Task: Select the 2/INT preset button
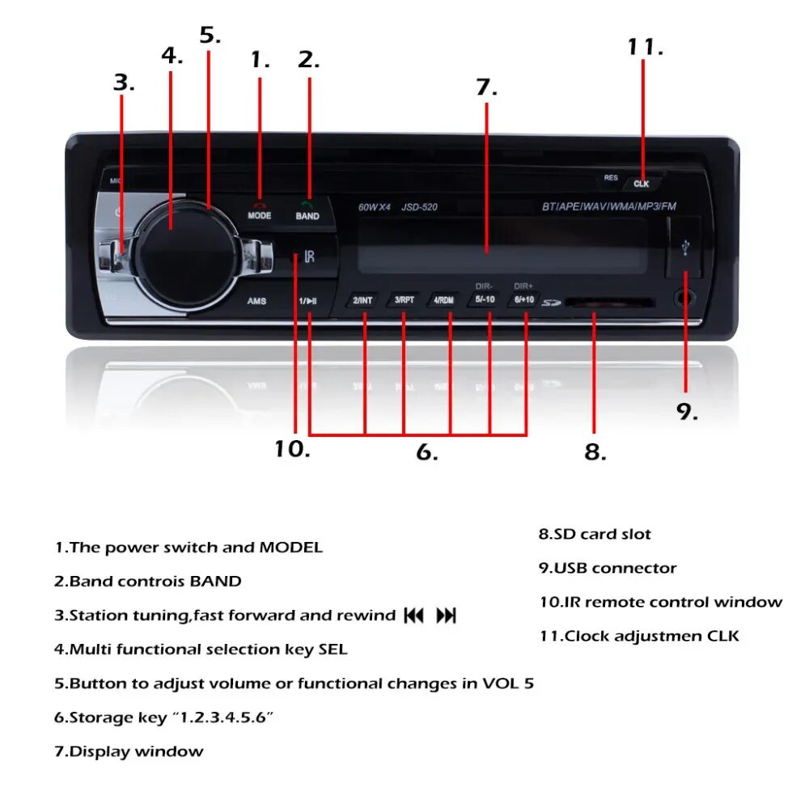pyautogui.click(x=362, y=300)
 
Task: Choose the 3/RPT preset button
pyautogui.click(x=404, y=300)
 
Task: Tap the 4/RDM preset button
pyautogui.click(x=444, y=300)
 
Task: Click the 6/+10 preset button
pyautogui.click(x=523, y=300)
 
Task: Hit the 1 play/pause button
pyautogui.click(x=308, y=302)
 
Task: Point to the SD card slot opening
pyautogui.click(x=609, y=303)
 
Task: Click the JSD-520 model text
pyautogui.click(x=420, y=207)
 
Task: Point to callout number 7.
pyautogui.click(x=486, y=87)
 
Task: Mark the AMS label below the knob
pyautogui.click(x=256, y=302)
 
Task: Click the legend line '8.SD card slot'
pyautogui.click(x=595, y=535)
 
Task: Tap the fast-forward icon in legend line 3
pyautogui.click(x=446, y=616)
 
